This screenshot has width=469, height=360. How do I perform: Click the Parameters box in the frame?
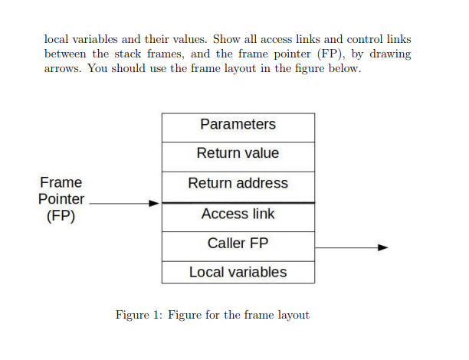click(x=238, y=125)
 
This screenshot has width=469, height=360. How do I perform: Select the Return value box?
click(x=238, y=153)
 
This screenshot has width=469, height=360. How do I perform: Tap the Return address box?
click(x=238, y=183)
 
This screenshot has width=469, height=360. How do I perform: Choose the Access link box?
click(x=238, y=214)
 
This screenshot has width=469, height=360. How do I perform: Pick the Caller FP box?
click(x=238, y=244)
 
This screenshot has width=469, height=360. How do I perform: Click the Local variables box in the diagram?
click(x=238, y=272)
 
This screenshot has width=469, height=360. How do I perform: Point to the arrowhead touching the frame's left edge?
click(x=154, y=203)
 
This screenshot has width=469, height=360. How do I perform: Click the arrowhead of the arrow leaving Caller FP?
click(x=382, y=247)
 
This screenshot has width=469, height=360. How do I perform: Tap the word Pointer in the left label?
click(x=61, y=199)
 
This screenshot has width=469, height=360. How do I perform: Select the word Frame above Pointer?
click(x=61, y=183)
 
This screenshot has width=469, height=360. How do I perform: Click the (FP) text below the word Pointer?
click(x=61, y=216)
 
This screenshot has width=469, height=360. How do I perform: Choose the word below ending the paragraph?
click(x=341, y=69)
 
